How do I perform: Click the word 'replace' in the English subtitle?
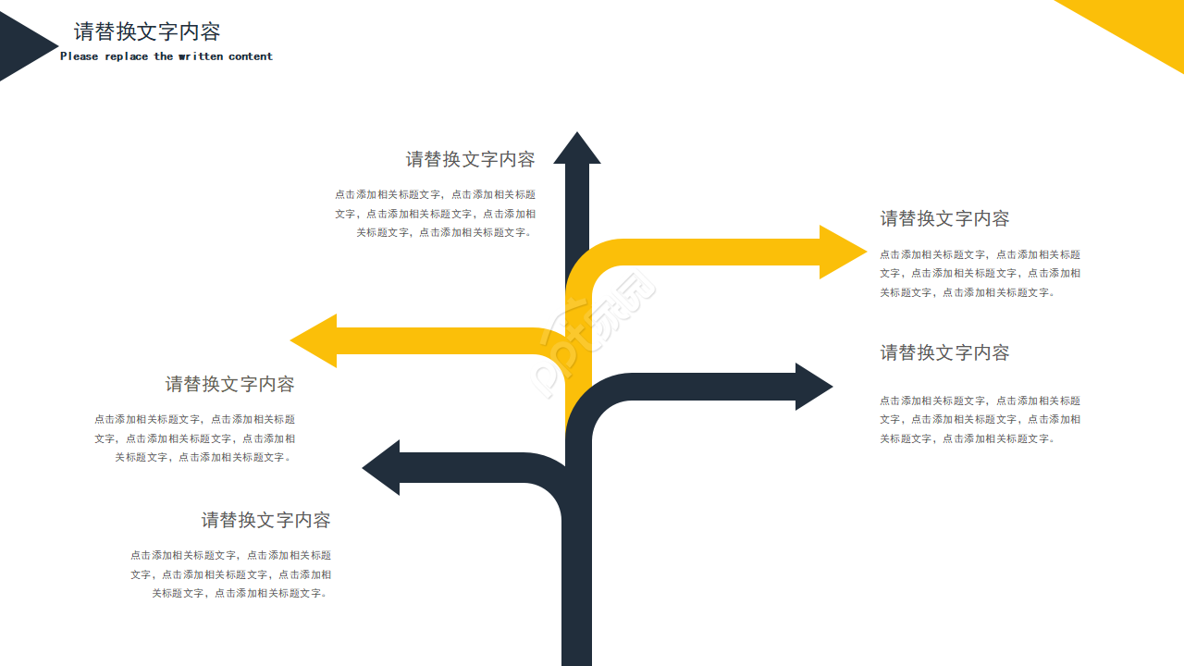(126, 56)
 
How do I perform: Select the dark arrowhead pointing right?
(811, 387)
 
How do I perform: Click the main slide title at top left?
(147, 31)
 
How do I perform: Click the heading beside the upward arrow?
(470, 159)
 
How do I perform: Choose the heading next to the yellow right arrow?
(944, 218)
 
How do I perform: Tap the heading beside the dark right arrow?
(944, 352)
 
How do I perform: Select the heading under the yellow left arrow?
(229, 384)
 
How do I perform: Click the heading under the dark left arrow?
(265, 520)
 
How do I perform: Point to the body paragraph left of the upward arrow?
(435, 214)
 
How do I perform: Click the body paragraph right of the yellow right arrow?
(980, 273)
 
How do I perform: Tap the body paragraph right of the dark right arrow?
(980, 419)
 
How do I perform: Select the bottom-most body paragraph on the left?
(230, 574)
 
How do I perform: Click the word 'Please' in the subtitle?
(79, 56)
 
